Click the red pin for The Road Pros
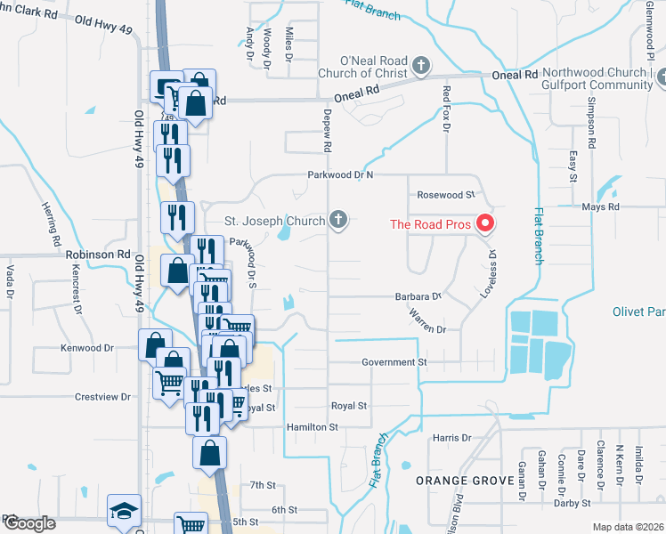(x=485, y=223)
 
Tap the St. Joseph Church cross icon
(x=337, y=219)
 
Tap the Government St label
(x=394, y=363)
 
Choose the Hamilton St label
(x=313, y=427)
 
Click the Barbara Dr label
(x=418, y=296)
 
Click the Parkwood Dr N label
(x=340, y=175)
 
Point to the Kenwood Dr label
(x=87, y=348)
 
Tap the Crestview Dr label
(x=103, y=396)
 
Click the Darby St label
(x=573, y=503)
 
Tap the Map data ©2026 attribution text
(x=628, y=527)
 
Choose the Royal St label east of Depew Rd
(x=349, y=406)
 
